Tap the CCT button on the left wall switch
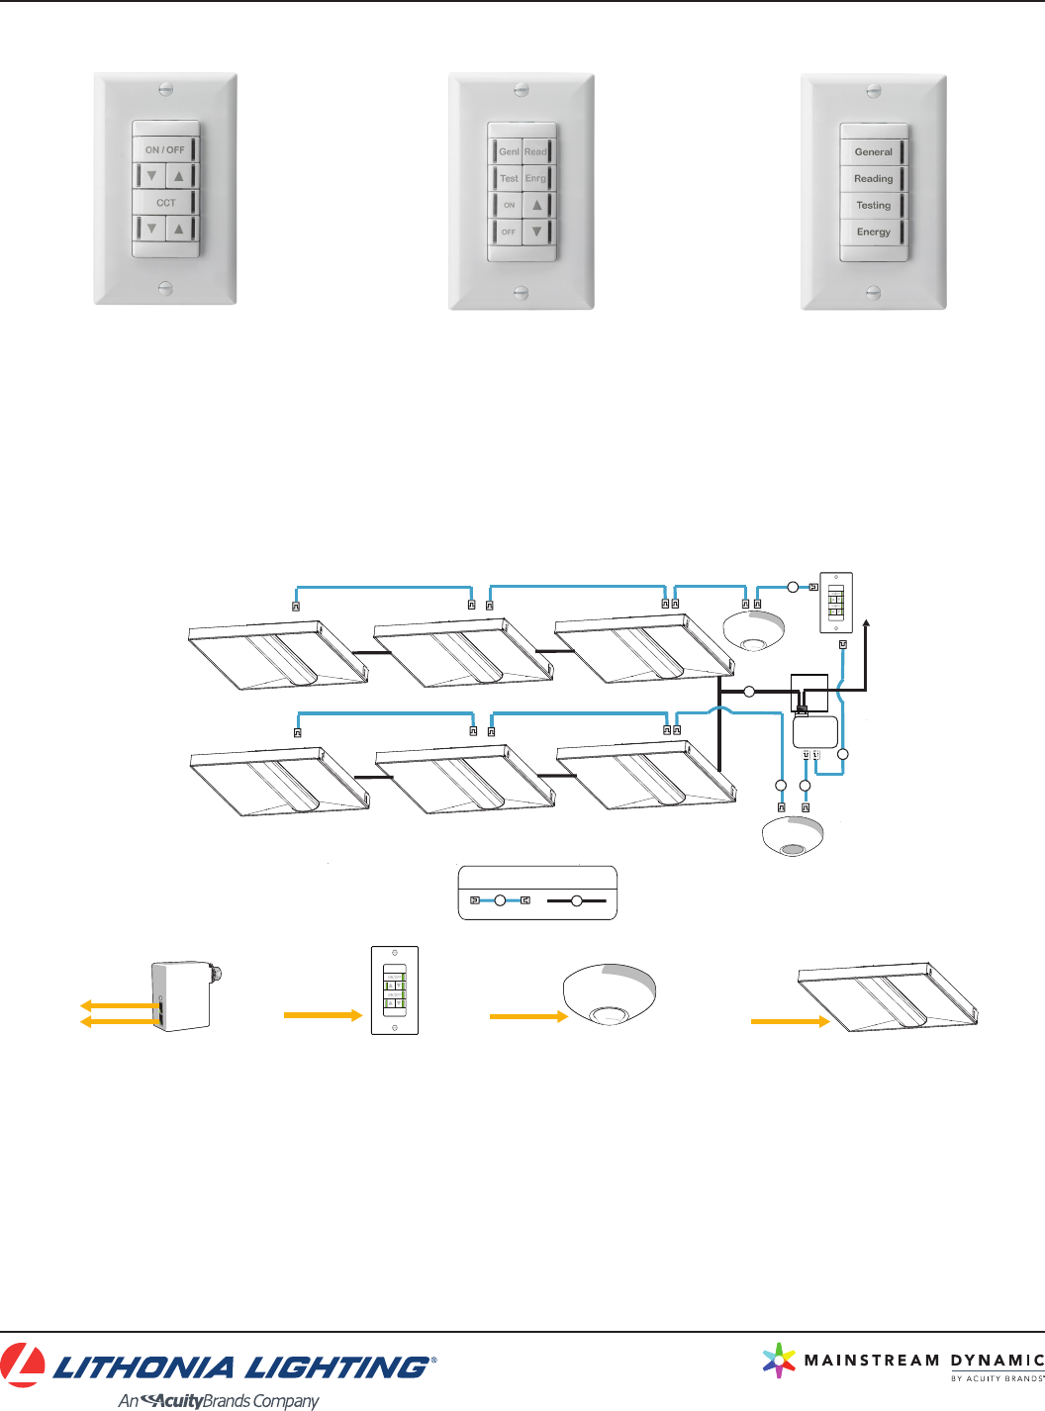[x=165, y=203]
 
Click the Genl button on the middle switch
[x=509, y=151]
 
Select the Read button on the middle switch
[x=535, y=151]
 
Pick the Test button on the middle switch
[x=509, y=178]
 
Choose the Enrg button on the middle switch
[x=535, y=178]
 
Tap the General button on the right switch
[x=873, y=152]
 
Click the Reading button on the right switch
[x=873, y=179]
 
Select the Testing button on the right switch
[x=873, y=206]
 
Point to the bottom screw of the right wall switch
[x=873, y=293]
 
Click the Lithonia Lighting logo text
[x=242, y=1367]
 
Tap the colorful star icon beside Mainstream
[x=780, y=1361]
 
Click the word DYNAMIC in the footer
[x=997, y=1361]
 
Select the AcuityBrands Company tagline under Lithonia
[x=219, y=1400]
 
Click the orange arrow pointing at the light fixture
[x=790, y=1021]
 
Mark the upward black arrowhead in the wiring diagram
[x=867, y=622]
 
